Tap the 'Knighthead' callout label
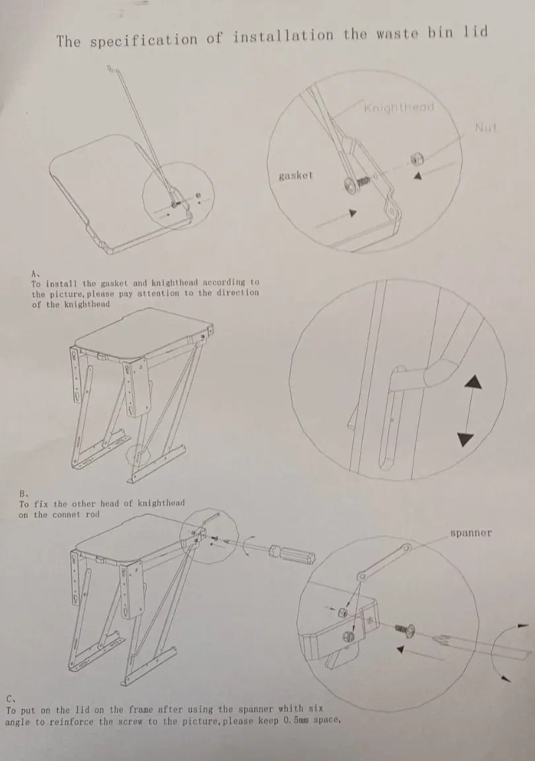click(399, 108)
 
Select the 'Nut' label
click(486, 127)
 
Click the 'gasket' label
click(296, 176)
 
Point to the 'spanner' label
click(471, 533)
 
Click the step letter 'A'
click(34, 273)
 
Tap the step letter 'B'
click(22, 493)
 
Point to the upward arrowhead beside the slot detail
click(474, 382)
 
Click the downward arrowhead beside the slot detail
click(466, 440)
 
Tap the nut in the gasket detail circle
click(417, 158)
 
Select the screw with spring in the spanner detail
click(404, 630)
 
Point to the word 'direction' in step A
click(238, 292)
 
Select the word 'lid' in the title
click(476, 32)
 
